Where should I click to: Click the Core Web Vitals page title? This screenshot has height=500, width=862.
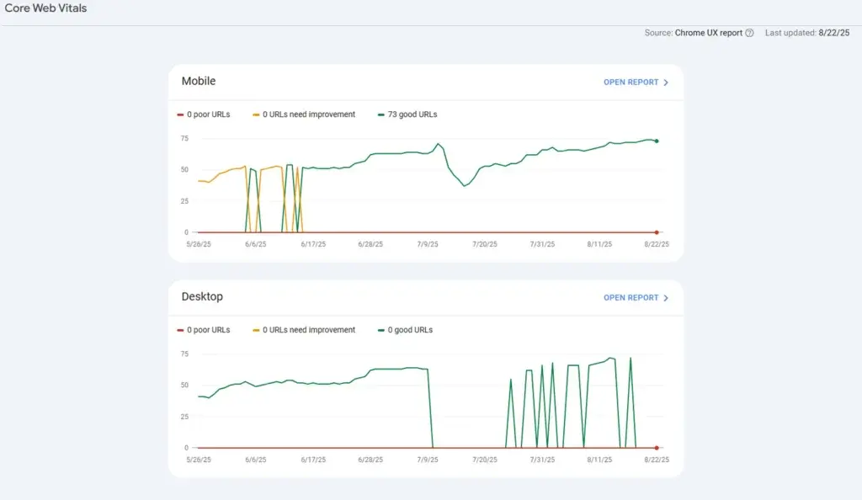(x=45, y=8)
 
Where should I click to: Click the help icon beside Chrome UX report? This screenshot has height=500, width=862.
(x=749, y=33)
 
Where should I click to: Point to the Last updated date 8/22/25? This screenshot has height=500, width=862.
(x=833, y=33)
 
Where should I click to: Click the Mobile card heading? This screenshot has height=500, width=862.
(x=199, y=82)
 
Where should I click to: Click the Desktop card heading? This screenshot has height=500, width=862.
(x=202, y=297)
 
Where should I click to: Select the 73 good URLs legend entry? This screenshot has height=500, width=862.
(x=412, y=114)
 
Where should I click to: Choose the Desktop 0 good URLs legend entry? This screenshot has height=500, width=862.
(x=409, y=330)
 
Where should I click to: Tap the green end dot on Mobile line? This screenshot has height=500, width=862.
(x=657, y=141)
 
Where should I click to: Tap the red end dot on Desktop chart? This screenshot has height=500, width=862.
(x=657, y=448)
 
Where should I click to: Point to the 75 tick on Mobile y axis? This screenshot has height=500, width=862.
(x=184, y=138)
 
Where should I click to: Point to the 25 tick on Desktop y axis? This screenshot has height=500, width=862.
(x=184, y=417)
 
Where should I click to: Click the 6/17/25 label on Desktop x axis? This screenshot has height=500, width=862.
(x=313, y=460)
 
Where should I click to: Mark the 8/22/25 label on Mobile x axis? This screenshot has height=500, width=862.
(x=656, y=245)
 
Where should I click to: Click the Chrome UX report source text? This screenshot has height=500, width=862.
(x=708, y=33)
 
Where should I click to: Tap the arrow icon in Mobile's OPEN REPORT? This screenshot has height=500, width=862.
(x=666, y=82)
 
